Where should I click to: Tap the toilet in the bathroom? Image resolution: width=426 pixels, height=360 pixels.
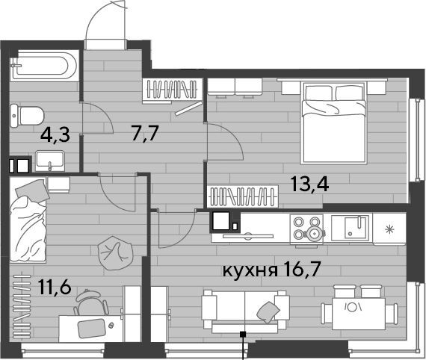(x=27, y=116)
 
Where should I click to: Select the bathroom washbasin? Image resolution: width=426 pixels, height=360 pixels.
(x=50, y=161)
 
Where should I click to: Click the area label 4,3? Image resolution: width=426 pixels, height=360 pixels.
(x=55, y=135)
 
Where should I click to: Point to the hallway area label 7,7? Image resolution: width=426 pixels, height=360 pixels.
(x=144, y=132)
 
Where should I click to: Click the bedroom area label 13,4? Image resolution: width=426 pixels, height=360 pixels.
(x=310, y=184)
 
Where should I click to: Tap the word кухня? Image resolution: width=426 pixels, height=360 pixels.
(x=250, y=270)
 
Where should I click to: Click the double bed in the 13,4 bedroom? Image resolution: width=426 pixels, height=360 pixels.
(x=333, y=122)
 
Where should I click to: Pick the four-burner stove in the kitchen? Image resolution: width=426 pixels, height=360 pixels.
(x=306, y=230)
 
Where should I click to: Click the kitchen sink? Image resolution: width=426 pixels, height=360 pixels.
(x=352, y=228)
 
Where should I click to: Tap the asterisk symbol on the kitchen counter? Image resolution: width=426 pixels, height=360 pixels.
(x=390, y=230)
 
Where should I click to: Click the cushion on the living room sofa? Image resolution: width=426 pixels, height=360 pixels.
(x=268, y=312)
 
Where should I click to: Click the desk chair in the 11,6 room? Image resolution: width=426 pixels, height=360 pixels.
(x=91, y=302)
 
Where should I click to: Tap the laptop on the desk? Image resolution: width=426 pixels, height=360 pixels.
(x=92, y=329)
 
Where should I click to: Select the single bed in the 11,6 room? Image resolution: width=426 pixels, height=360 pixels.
(x=28, y=220)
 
